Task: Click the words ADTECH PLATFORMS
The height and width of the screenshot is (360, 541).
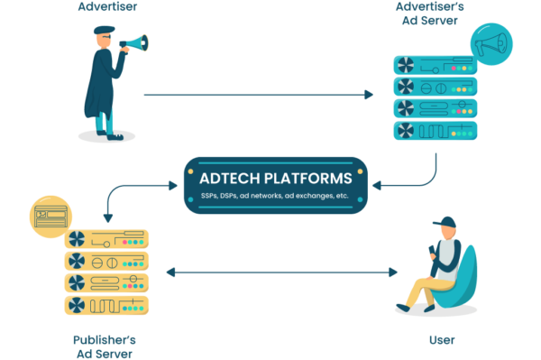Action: click(x=276, y=177)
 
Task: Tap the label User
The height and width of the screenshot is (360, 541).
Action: click(x=442, y=340)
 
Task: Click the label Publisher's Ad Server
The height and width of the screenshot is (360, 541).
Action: click(x=104, y=346)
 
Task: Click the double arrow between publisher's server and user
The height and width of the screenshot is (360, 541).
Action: click(x=281, y=272)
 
